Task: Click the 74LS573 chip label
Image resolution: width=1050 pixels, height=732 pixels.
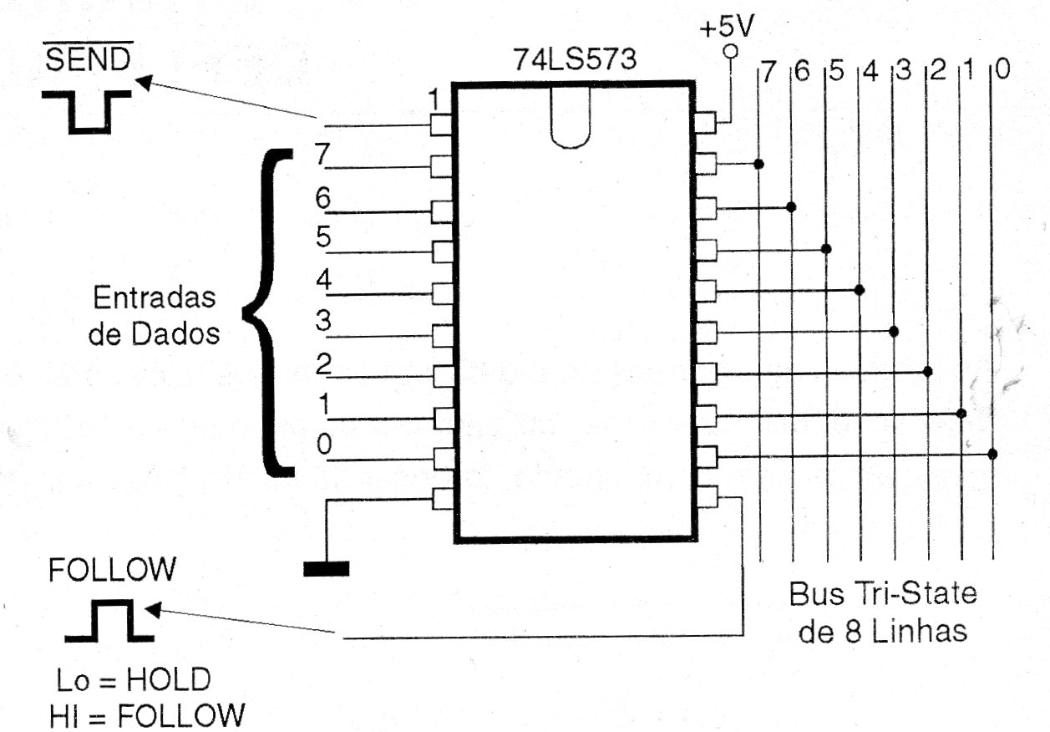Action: tap(576, 59)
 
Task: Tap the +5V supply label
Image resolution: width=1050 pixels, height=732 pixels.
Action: tap(727, 27)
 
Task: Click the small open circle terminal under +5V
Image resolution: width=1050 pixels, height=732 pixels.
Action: tap(730, 51)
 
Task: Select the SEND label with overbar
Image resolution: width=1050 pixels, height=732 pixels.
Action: tap(88, 57)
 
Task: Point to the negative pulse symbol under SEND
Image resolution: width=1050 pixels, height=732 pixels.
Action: tap(87, 113)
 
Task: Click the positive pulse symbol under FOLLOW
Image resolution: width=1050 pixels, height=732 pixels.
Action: tap(109, 621)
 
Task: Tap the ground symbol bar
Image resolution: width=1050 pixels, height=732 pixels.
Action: tap(327, 569)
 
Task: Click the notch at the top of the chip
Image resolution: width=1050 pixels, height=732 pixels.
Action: tap(571, 117)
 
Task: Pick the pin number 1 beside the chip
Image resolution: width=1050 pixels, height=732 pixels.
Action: tap(434, 99)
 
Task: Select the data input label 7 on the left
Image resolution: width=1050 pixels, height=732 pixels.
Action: tap(322, 154)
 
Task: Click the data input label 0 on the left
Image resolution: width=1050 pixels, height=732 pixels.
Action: tap(324, 444)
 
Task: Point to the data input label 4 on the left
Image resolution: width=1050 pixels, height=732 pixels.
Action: tap(324, 279)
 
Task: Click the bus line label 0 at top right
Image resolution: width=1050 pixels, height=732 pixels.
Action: tap(1002, 70)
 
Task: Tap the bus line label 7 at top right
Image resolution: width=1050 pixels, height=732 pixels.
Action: tap(768, 73)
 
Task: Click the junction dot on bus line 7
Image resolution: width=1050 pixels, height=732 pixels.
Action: tap(759, 164)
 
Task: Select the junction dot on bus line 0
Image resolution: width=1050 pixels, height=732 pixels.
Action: tap(992, 454)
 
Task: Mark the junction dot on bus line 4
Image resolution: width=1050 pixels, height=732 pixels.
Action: tap(860, 290)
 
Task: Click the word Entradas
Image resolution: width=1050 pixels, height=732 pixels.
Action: tap(155, 297)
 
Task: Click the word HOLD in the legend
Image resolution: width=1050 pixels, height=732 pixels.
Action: tap(169, 679)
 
